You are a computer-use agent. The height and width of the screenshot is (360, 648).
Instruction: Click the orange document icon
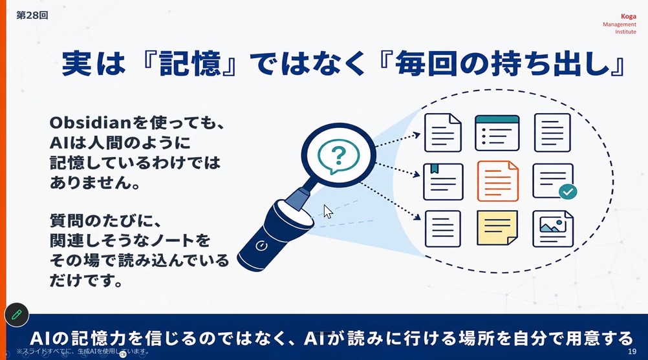point(497,181)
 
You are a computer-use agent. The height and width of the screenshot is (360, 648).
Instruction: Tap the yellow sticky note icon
point(497,228)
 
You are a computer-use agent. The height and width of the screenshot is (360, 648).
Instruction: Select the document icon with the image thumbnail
point(553,229)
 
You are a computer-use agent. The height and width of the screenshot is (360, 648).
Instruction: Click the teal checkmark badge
point(568,191)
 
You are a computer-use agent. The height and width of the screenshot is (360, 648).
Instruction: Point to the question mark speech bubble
point(338,156)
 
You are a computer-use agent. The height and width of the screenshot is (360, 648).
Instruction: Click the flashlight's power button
point(261,246)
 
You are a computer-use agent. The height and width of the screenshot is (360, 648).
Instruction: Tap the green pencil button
point(17,315)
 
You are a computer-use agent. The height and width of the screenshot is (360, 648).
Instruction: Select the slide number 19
point(632,352)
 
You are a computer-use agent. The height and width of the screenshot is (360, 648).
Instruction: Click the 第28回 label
point(32,16)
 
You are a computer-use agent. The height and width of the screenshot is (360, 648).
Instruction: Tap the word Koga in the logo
point(628,17)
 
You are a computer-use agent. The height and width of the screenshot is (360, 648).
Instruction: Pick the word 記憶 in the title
point(190,63)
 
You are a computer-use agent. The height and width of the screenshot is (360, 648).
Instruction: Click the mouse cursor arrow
point(328,211)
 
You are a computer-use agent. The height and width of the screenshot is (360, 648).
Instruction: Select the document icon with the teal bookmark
point(443,182)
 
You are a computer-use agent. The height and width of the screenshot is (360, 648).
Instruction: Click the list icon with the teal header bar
point(497,133)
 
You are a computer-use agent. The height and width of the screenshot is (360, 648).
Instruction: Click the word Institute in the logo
point(625,32)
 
